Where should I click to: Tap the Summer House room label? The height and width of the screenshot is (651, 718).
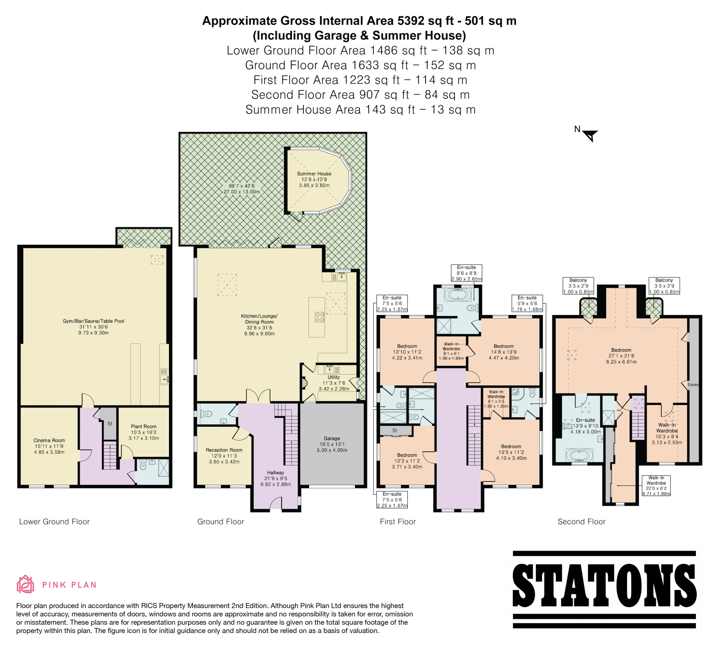[314, 174]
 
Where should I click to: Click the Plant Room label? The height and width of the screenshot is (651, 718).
[144, 426]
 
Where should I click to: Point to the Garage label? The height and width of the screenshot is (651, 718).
[332, 438]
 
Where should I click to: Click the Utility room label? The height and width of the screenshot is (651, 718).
[334, 377]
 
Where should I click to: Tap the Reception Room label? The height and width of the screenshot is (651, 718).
[224, 450]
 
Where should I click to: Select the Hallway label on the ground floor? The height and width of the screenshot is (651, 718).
[276, 473]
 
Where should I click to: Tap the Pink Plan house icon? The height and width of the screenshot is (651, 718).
[25, 584]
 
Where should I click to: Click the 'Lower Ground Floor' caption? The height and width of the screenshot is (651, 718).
[54, 522]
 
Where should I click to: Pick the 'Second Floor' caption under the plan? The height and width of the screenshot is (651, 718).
[582, 522]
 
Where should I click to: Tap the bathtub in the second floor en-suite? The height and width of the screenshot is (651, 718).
[579, 455]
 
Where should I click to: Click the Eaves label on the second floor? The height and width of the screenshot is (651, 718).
[693, 385]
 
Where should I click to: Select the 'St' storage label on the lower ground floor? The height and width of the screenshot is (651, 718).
[110, 424]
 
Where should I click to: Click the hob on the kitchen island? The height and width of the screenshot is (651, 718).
[319, 317]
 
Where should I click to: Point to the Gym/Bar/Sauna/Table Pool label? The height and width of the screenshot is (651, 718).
[94, 321]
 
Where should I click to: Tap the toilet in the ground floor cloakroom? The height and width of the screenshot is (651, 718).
[207, 414]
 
